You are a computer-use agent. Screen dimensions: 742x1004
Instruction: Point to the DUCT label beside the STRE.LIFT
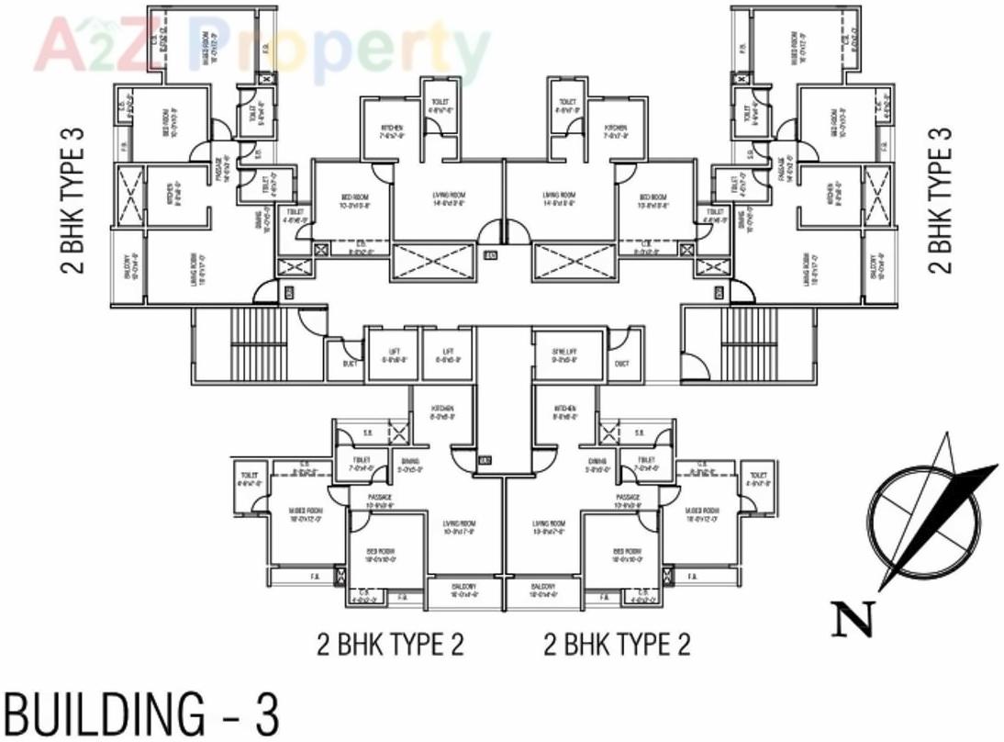click(x=622, y=364)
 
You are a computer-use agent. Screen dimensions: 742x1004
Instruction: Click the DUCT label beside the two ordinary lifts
click(x=349, y=364)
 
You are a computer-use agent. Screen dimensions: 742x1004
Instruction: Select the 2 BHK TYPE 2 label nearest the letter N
click(x=617, y=644)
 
